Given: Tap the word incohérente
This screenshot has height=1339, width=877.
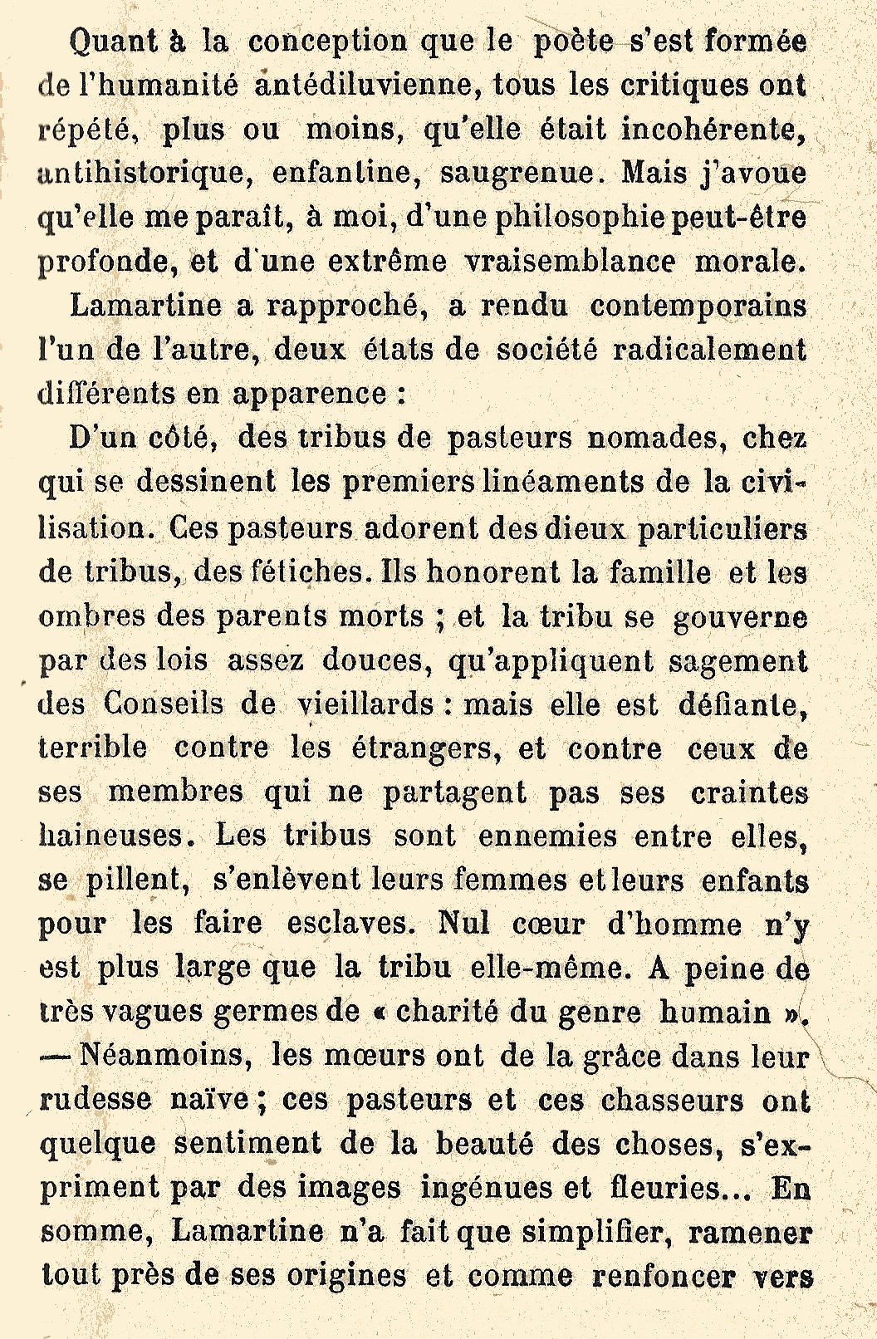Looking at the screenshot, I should pos(713,130).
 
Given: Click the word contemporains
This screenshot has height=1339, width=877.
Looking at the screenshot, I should pos(698,306).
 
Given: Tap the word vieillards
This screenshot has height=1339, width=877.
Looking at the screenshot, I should pos(365,704).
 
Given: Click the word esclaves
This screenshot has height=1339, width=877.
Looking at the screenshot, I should pos(348,924).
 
